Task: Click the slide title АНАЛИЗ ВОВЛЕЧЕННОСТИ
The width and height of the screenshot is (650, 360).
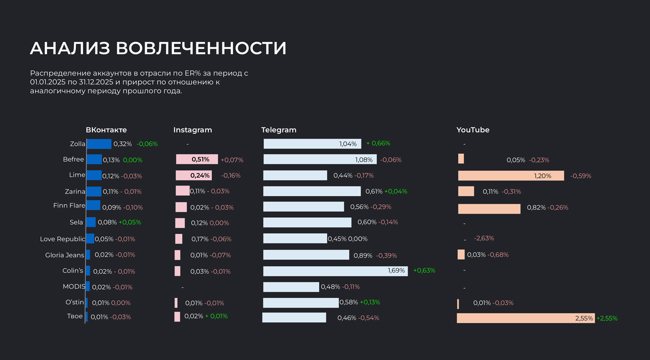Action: [158, 48]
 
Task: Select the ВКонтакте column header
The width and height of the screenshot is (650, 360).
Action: [106, 130]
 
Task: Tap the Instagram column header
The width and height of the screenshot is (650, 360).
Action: [193, 130]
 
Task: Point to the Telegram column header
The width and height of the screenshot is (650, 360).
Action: [279, 130]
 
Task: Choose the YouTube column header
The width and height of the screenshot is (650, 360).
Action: [473, 130]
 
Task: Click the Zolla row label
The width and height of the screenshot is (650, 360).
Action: [78, 144]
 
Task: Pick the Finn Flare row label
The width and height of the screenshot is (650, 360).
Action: [69, 206]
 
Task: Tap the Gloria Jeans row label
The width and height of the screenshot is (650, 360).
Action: [65, 255]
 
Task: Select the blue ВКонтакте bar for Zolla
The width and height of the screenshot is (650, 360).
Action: [99, 144]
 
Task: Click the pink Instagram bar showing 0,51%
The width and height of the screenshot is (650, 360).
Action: [197, 159]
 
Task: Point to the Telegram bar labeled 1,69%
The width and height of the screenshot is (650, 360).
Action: [335, 271]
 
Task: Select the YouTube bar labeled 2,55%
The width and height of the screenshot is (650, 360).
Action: [525, 318]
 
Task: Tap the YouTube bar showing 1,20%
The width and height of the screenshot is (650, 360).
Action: [511, 175]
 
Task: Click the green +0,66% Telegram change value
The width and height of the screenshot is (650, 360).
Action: [378, 144]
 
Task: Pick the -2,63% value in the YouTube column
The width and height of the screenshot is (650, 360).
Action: [484, 238]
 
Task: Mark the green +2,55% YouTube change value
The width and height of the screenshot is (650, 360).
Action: [607, 318]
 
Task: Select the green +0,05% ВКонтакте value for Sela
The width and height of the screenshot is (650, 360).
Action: [130, 222]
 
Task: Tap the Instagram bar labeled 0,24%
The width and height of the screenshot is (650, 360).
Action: [194, 175]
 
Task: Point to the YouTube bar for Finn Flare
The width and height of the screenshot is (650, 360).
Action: [489, 209]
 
